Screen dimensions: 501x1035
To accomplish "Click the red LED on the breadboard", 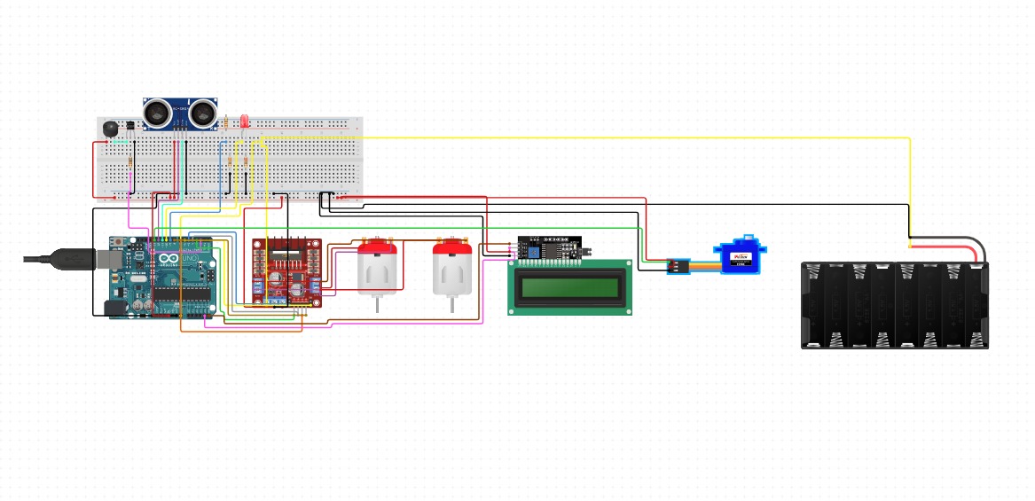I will click(x=244, y=122).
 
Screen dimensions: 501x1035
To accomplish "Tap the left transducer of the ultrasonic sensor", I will click(x=158, y=112).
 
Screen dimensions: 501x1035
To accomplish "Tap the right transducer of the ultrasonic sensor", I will click(x=203, y=112).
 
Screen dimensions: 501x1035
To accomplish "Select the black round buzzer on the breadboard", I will click(x=110, y=128).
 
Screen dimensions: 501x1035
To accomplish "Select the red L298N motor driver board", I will click(x=287, y=272).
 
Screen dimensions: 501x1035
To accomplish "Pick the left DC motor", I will click(x=379, y=270).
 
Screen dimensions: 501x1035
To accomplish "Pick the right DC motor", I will click(x=452, y=270).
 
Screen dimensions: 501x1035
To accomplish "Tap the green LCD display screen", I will click(x=569, y=287).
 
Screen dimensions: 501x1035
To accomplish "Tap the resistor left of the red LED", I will click(x=227, y=122).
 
